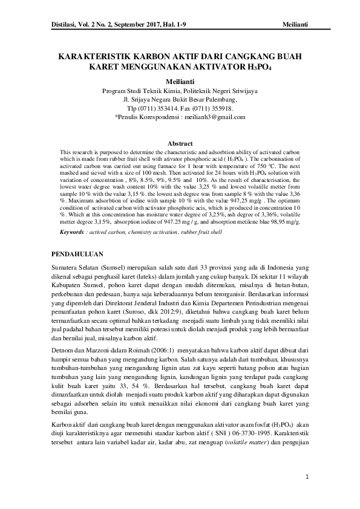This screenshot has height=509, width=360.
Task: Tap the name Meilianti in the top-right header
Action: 295,23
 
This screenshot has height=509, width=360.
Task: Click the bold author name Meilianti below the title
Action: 180,80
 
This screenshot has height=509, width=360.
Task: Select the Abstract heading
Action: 180,143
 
